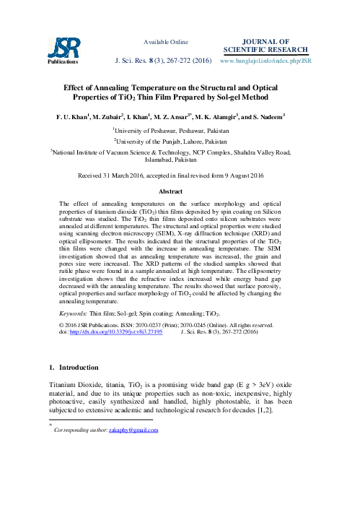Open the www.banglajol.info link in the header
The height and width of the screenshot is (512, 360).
265,61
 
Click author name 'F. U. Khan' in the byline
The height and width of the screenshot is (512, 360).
75,116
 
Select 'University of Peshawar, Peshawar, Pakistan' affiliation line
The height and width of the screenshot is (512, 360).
180,130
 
